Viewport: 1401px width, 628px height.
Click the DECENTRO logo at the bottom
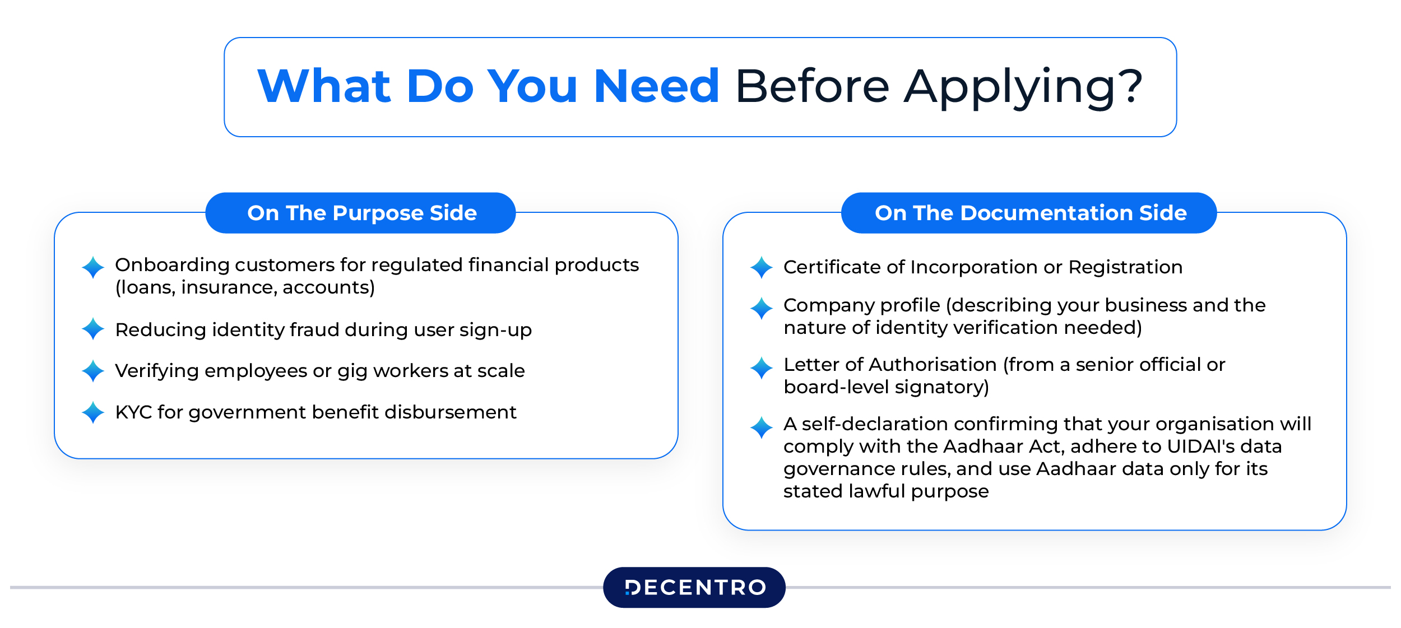tap(694, 587)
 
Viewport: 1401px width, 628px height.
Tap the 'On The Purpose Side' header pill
tap(361, 213)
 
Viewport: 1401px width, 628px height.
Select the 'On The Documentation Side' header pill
tap(1029, 213)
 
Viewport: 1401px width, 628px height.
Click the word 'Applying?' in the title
tap(1023, 87)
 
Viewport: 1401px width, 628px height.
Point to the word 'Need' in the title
tap(656, 87)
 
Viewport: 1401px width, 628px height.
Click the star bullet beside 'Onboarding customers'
tap(93, 267)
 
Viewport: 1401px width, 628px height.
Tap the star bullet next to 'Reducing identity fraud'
tap(93, 329)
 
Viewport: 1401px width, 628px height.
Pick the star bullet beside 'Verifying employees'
tap(93, 371)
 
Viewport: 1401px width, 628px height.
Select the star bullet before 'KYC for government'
tap(93, 412)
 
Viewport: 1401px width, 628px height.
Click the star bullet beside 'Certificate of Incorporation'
tap(762, 267)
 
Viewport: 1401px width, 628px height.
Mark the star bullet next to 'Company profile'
tap(762, 308)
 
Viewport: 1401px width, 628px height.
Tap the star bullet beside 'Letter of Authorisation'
tap(762, 368)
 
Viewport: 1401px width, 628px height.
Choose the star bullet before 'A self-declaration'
tap(762, 427)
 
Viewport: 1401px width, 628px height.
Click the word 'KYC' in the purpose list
tap(133, 412)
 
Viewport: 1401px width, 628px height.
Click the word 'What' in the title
tap(324, 87)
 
